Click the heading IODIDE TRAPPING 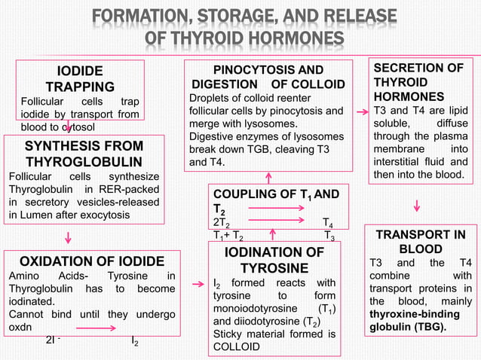(x=81, y=79)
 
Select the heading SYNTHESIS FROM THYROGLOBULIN (x=84, y=154)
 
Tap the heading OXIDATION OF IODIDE (x=92, y=261)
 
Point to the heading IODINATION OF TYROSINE (x=274, y=260)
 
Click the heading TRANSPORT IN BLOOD (x=421, y=242)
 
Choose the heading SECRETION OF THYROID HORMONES (x=419, y=82)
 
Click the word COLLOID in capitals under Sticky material (x=237, y=346)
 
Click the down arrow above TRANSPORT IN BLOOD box (x=417, y=205)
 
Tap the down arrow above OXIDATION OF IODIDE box (x=69, y=238)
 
